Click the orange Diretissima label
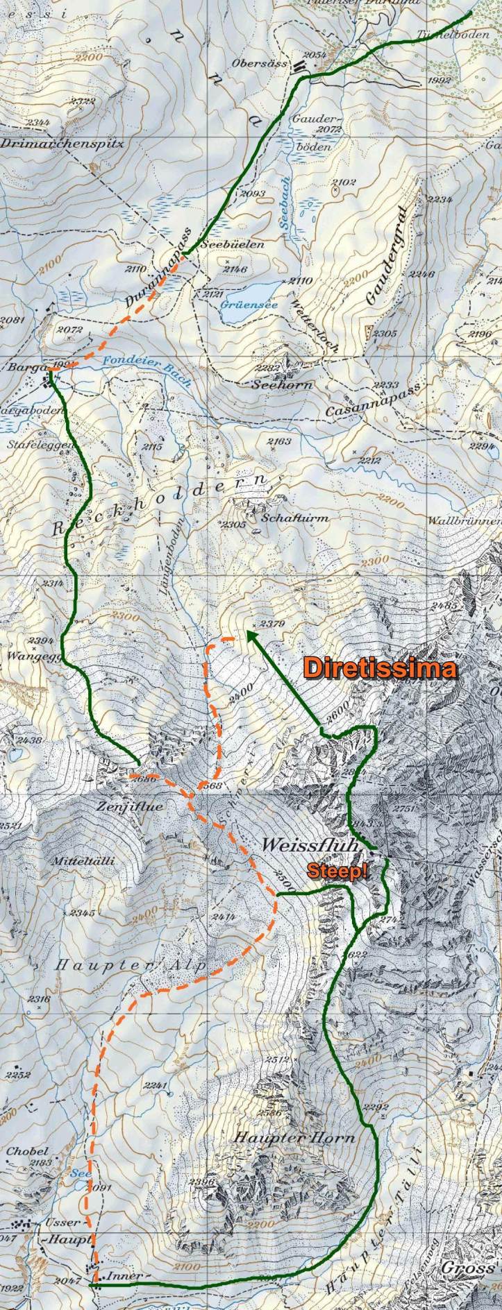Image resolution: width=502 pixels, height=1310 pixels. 380,668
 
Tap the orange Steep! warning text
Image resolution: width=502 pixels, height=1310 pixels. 337,871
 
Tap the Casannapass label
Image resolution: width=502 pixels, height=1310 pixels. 374,400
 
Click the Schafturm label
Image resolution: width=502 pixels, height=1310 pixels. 295,518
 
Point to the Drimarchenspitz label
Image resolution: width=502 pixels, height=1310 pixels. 62,144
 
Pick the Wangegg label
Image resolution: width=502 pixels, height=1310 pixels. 26,654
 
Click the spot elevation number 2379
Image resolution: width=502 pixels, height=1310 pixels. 271,624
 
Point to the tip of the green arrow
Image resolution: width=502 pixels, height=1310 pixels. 247,631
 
